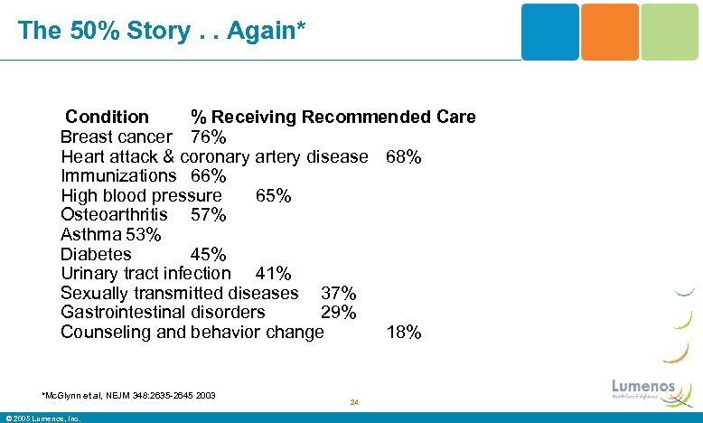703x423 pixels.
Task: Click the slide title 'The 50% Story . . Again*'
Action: pos(162,30)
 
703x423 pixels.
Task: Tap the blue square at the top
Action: pos(549,32)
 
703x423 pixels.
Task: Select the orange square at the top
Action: pos(609,32)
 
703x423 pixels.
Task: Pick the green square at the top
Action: pos(670,32)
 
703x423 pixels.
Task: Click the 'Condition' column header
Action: pos(107,117)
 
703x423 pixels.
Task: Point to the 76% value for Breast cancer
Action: pos(209,136)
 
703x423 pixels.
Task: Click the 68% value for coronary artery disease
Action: pos(403,156)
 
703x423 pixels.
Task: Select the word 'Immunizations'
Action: pos(118,175)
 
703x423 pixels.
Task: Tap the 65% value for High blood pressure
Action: pos(273,195)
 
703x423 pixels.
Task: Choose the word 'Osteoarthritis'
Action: pos(114,215)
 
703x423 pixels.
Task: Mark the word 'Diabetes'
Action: pos(96,255)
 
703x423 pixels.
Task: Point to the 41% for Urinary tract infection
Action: pos(273,273)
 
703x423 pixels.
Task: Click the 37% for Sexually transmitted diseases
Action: pos(339,293)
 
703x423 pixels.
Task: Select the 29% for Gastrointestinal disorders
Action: pos(339,312)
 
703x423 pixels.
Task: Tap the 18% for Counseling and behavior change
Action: pos(403,333)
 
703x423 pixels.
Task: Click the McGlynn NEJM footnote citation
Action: pos(128,394)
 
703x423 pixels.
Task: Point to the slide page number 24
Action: pos(354,402)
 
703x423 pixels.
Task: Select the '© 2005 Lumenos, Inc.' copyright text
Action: pos(43,418)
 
